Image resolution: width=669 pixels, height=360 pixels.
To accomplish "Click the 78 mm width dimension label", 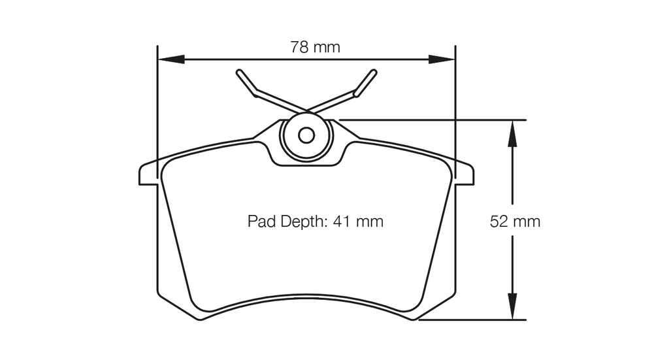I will (315, 47).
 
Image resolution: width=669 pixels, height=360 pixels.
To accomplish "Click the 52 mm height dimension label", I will (515, 221).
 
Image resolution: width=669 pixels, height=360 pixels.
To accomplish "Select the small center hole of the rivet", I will (306, 135).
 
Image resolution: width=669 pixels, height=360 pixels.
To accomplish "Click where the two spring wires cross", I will (306, 110).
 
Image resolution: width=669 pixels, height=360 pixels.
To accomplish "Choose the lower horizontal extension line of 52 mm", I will (477, 320).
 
